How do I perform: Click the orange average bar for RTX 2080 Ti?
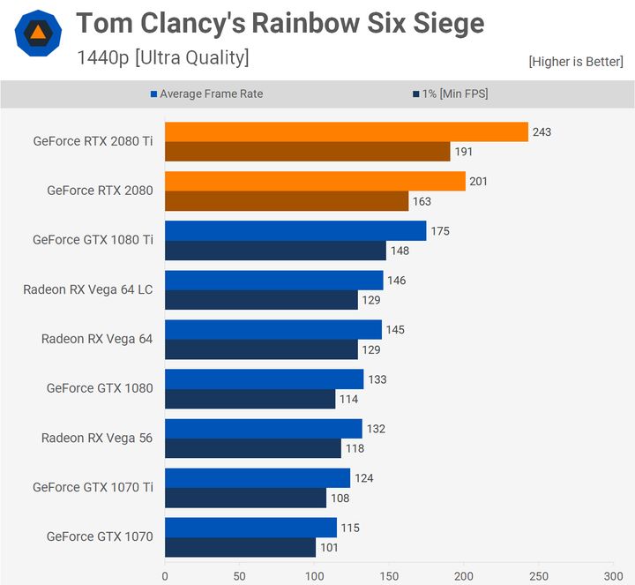tap(346, 131)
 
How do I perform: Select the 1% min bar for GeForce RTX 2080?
tap(287, 201)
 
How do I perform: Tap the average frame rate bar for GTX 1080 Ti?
tap(295, 230)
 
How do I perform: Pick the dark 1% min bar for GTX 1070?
tap(240, 547)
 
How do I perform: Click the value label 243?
tap(541, 131)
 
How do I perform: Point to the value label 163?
tap(422, 201)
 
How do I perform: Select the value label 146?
tap(396, 280)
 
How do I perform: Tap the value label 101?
tap(329, 547)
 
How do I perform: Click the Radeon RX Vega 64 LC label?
tap(87, 289)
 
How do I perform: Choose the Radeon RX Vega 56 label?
tap(96, 438)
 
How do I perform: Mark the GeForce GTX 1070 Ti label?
tap(93, 487)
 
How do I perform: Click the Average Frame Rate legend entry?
tap(212, 94)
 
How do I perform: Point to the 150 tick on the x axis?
tap(388, 574)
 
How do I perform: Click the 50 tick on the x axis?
tap(239, 574)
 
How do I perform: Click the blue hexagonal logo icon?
tap(38, 34)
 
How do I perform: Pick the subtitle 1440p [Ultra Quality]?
tap(162, 58)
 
